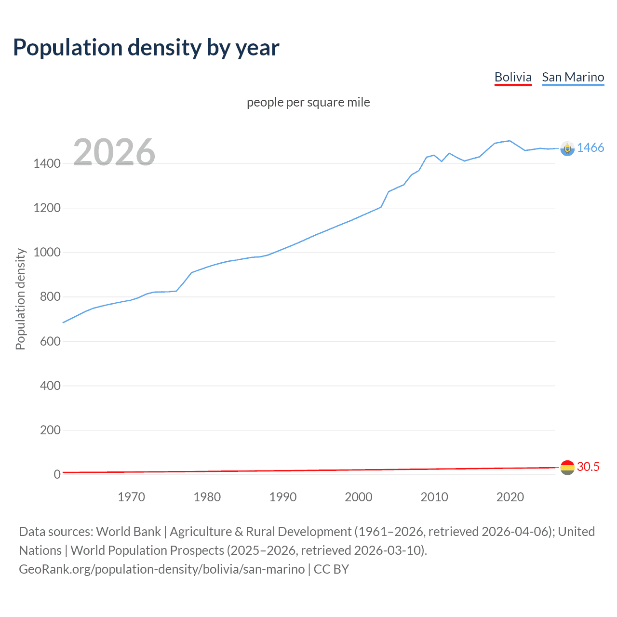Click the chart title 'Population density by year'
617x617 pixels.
coord(146,48)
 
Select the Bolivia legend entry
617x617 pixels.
coord(513,77)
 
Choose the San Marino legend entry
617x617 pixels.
coord(573,77)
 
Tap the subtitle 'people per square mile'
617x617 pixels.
coord(308,102)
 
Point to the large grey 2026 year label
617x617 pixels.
coord(114,152)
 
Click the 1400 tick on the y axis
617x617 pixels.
coord(47,163)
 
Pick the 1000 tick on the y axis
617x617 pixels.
coord(47,252)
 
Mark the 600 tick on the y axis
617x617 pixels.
coord(50,341)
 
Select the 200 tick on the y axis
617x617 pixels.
coord(50,430)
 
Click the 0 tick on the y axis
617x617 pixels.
coord(57,474)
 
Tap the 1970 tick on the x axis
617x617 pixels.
coord(131,497)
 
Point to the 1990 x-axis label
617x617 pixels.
coord(283,497)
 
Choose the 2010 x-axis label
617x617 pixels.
coord(434,497)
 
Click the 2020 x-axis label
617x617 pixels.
coord(510,497)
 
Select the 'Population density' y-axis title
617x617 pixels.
coord(20,299)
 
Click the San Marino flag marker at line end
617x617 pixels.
coord(567,148)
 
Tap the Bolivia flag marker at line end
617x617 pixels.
coord(567,467)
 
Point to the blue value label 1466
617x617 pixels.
coord(590,148)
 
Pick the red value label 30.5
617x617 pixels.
coord(588,467)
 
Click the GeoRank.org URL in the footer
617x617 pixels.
coord(162,569)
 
